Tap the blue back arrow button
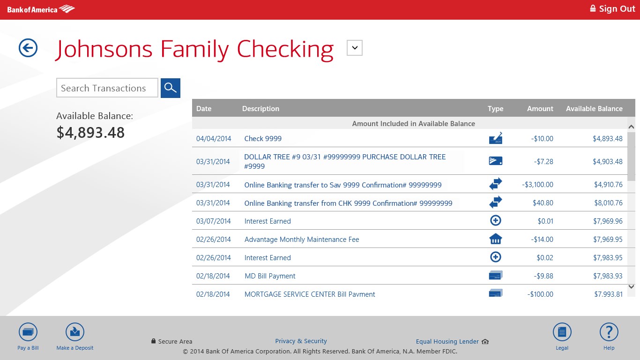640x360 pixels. [28, 48]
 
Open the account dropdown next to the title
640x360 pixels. [355, 48]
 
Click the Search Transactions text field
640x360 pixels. [107, 88]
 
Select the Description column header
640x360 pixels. [260, 109]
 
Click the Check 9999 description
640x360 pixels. [263, 139]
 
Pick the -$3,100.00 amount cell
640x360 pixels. [537, 185]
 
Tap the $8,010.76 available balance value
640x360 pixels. [608, 203]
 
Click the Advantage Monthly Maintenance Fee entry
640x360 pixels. [302, 240]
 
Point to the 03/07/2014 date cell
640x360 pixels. [213, 221]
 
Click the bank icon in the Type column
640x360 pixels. [495, 239]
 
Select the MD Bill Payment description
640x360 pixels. [270, 276]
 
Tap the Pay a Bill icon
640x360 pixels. [28, 332]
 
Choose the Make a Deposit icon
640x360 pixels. [75, 332]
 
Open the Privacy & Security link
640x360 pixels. [301, 341]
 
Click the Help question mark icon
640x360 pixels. [609, 332]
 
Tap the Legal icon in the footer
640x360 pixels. [562, 332]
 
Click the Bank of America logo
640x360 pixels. [41, 9]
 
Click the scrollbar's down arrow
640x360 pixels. [631, 286]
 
